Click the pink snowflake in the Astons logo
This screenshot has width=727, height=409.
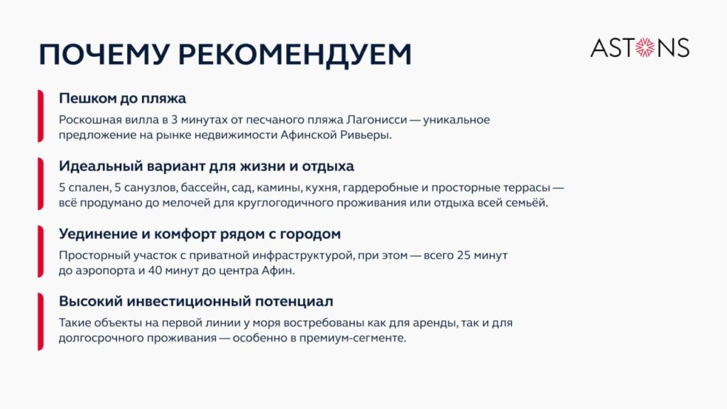[645, 48]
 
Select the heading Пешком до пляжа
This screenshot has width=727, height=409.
[122, 98]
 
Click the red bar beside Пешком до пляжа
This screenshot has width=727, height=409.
[40, 116]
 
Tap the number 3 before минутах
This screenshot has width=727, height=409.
[175, 119]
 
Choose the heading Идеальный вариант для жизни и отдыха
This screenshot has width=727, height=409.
[207, 166]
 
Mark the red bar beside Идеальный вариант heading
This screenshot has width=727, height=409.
[40, 184]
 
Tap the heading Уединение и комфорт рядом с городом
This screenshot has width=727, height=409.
[199, 234]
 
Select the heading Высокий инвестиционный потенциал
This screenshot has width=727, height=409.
[196, 301]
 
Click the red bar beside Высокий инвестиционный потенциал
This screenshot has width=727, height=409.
[40, 322]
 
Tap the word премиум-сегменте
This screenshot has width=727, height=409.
[352, 338]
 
